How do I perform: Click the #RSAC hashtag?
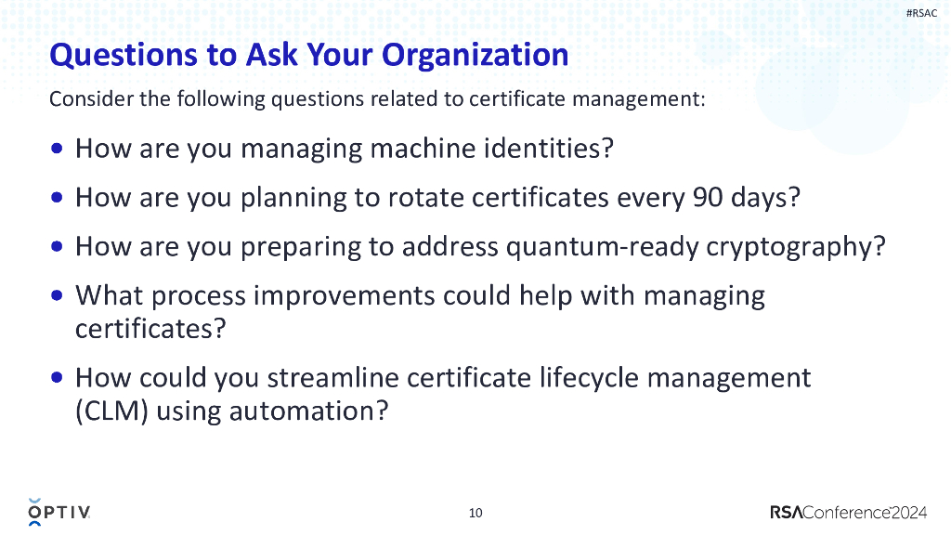[x=921, y=12]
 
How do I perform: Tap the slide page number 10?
[x=475, y=513]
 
